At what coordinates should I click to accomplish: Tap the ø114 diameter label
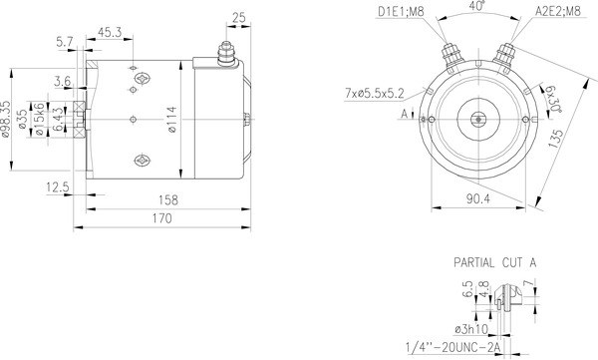170,122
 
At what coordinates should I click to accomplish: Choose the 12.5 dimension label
57,185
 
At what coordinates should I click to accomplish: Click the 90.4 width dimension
477,199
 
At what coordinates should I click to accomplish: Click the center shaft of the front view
477,118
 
